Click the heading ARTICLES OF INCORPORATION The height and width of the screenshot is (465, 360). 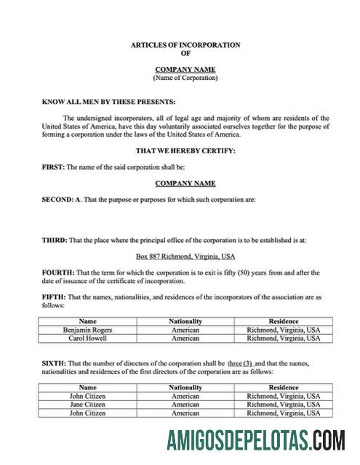pyautogui.click(x=185, y=45)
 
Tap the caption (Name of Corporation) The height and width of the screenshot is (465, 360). pyautogui.click(x=185, y=77)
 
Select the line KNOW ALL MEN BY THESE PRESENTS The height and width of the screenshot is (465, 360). pyautogui.click(x=108, y=102)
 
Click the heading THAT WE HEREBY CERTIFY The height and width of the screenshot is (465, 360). pyautogui.click(x=185, y=151)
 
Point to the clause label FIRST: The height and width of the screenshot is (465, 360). pyautogui.click(x=53, y=167)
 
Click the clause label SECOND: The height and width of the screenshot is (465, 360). pyautogui.click(x=58, y=199)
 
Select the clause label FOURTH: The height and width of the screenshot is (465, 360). pyautogui.click(x=58, y=272)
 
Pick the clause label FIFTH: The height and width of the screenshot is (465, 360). pyautogui.click(x=55, y=297)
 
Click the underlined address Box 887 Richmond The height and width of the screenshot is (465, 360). pyautogui.click(x=185, y=256)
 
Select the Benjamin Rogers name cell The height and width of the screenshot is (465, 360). pyautogui.click(x=87, y=329)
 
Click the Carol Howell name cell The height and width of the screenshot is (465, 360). pyautogui.click(x=87, y=338)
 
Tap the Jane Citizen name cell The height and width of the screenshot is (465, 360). pyautogui.click(x=87, y=404)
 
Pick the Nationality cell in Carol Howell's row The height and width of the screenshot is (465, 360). pyautogui.click(x=185, y=338)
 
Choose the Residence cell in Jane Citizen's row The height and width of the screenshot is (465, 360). pyautogui.click(x=284, y=404)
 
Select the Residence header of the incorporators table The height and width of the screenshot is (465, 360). pyautogui.click(x=284, y=320)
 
